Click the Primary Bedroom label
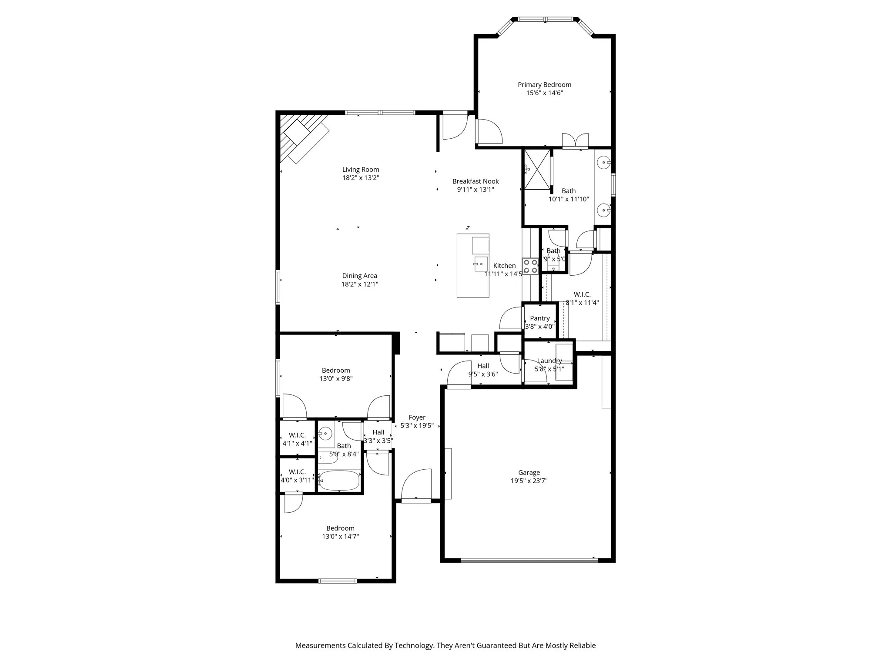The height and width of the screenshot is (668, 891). point(544,85)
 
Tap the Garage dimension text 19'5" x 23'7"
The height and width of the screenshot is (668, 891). point(529,481)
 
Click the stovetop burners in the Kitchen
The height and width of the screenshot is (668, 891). point(530,266)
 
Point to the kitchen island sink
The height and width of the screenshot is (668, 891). point(481,264)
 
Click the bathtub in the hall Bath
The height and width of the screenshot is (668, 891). point(339,481)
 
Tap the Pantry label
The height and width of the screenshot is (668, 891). point(539,318)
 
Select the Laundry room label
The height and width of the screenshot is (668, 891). point(549,361)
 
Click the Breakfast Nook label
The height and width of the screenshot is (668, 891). point(476,181)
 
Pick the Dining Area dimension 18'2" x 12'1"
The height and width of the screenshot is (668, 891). point(359,284)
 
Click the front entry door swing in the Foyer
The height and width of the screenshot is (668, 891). point(417,484)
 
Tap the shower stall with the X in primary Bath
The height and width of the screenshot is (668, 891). point(537,170)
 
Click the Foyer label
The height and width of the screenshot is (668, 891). point(417,417)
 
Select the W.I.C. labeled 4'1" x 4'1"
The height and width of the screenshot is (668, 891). point(297,439)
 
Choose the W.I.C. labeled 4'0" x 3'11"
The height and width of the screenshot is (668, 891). point(297,476)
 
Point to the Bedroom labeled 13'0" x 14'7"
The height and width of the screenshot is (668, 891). point(340,532)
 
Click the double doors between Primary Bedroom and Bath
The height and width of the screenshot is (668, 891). point(575,141)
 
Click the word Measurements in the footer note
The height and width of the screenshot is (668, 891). point(320,645)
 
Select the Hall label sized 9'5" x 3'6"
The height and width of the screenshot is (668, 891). point(483,370)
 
